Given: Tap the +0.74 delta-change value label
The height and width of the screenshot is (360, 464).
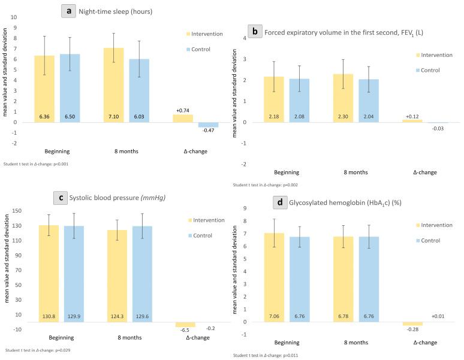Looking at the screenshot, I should point(183,110).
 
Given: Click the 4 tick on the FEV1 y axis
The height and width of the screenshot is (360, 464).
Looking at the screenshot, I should point(244,38).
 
